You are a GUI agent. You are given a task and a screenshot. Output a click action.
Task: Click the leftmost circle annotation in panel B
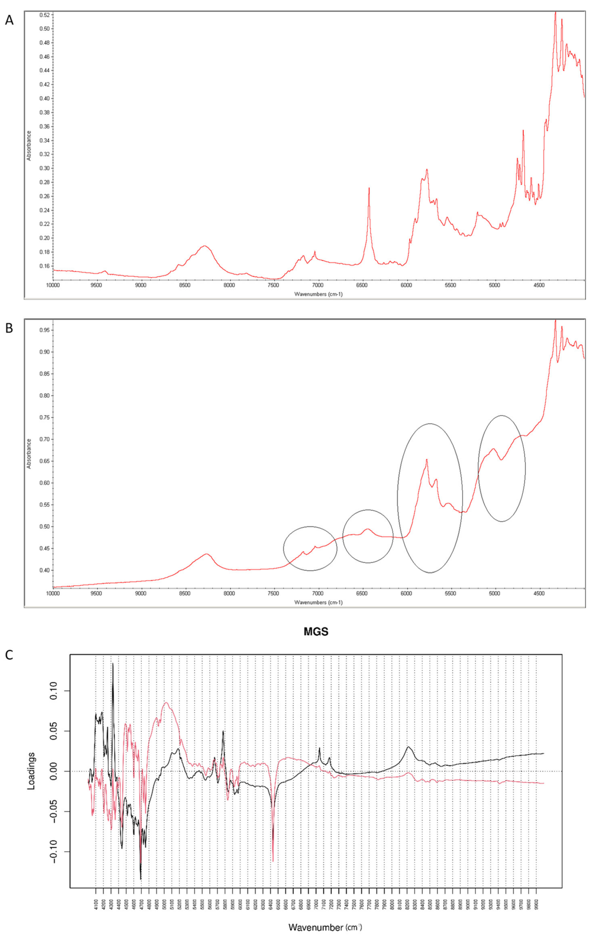pos(310,549)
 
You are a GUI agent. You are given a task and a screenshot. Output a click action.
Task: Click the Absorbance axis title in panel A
pos(29,146)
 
